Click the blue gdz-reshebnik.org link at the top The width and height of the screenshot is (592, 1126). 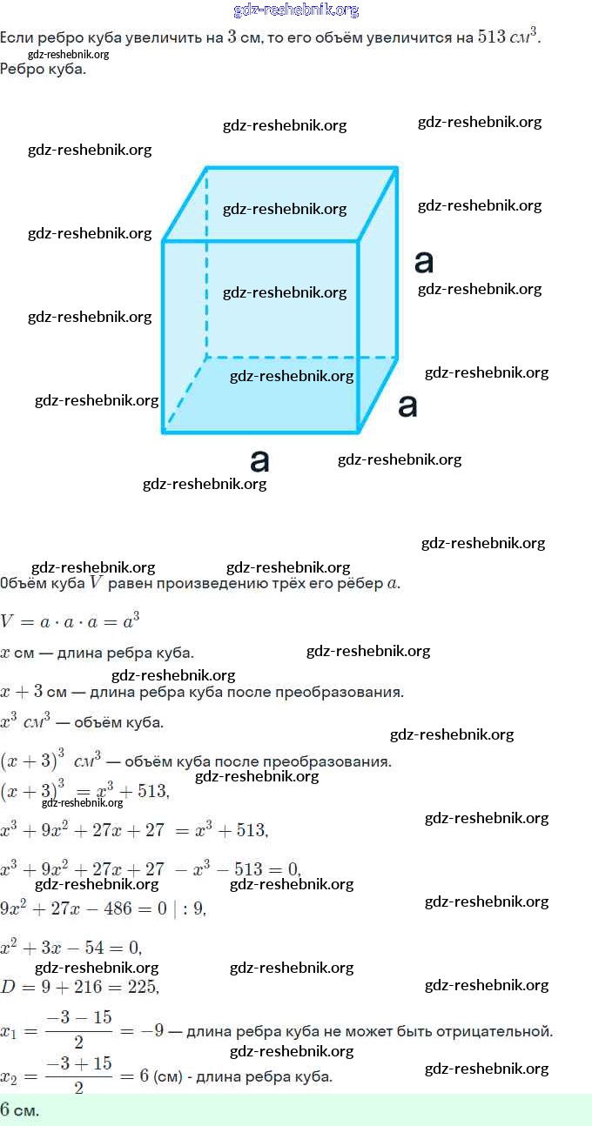296,10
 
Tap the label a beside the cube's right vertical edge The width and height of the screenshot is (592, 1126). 424,261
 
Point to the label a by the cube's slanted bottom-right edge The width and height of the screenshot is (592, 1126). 407,405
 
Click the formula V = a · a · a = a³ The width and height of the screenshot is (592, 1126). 71,621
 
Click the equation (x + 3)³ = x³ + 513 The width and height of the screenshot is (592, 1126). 84,791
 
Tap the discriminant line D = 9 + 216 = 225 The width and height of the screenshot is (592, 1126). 79,987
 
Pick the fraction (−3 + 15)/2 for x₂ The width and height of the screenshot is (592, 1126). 79,1076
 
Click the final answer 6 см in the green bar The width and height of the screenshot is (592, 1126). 20,1110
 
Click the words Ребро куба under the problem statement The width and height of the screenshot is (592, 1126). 44,69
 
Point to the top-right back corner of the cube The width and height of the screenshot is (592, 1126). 397,168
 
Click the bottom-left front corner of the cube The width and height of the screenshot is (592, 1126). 164,432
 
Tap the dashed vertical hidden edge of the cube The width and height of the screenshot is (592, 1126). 206,261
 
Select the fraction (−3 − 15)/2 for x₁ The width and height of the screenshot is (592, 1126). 79,1031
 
